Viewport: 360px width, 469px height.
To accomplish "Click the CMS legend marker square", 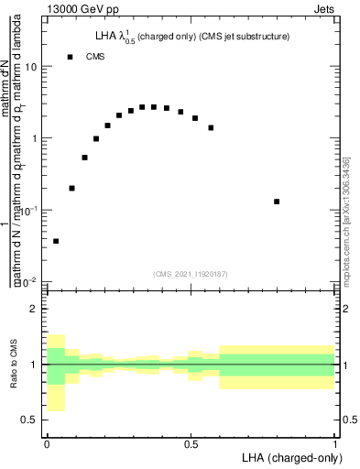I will pos(70,58).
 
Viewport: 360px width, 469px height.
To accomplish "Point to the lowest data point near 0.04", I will pos(56,241).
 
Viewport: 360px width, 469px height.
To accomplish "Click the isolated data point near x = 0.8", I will pos(277,202).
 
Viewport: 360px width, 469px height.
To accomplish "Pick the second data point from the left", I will pos(72,188).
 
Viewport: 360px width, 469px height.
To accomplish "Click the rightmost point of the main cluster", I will pos(211,127).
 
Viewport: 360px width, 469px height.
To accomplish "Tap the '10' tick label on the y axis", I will pos(32,68).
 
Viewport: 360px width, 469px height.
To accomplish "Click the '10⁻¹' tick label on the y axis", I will pos(30,210).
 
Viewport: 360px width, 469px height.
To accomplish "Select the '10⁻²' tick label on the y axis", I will pos(30,281).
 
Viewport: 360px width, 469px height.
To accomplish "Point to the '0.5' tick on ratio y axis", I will pos(32,420).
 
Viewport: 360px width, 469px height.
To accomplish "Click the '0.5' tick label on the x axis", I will pos(191,444).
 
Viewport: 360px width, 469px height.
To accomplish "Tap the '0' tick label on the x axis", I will pos(46,444).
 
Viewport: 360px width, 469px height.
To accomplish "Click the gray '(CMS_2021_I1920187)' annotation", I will pos(191,272).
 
